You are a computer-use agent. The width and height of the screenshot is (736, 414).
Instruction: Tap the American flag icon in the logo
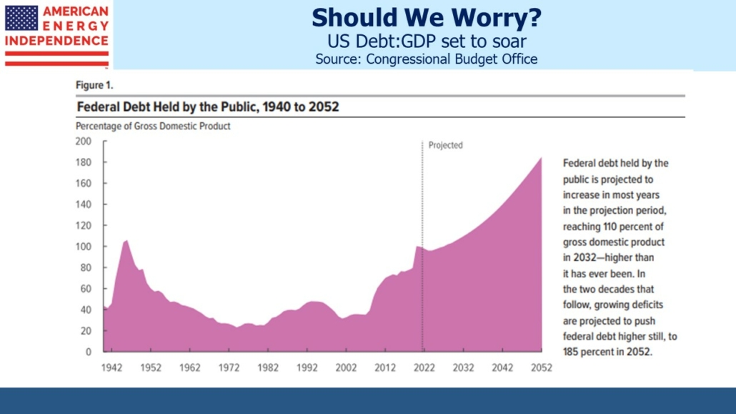(x=21, y=18)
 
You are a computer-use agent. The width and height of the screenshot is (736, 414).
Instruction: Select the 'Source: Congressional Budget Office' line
(x=426, y=59)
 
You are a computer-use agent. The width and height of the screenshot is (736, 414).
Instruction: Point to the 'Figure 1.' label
(x=94, y=85)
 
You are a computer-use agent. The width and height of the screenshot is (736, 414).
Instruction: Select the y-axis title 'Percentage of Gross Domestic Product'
(x=153, y=127)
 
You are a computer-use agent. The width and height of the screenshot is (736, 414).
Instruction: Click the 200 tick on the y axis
(x=84, y=141)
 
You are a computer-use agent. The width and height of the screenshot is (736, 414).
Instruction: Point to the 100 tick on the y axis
(x=84, y=247)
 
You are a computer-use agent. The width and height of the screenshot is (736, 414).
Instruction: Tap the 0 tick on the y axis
(x=89, y=352)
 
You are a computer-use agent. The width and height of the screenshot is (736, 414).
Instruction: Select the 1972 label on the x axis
(x=229, y=368)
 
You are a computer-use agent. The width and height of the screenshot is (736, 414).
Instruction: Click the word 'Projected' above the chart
(x=445, y=145)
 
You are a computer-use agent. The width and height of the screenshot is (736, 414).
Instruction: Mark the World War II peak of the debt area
(x=126, y=241)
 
